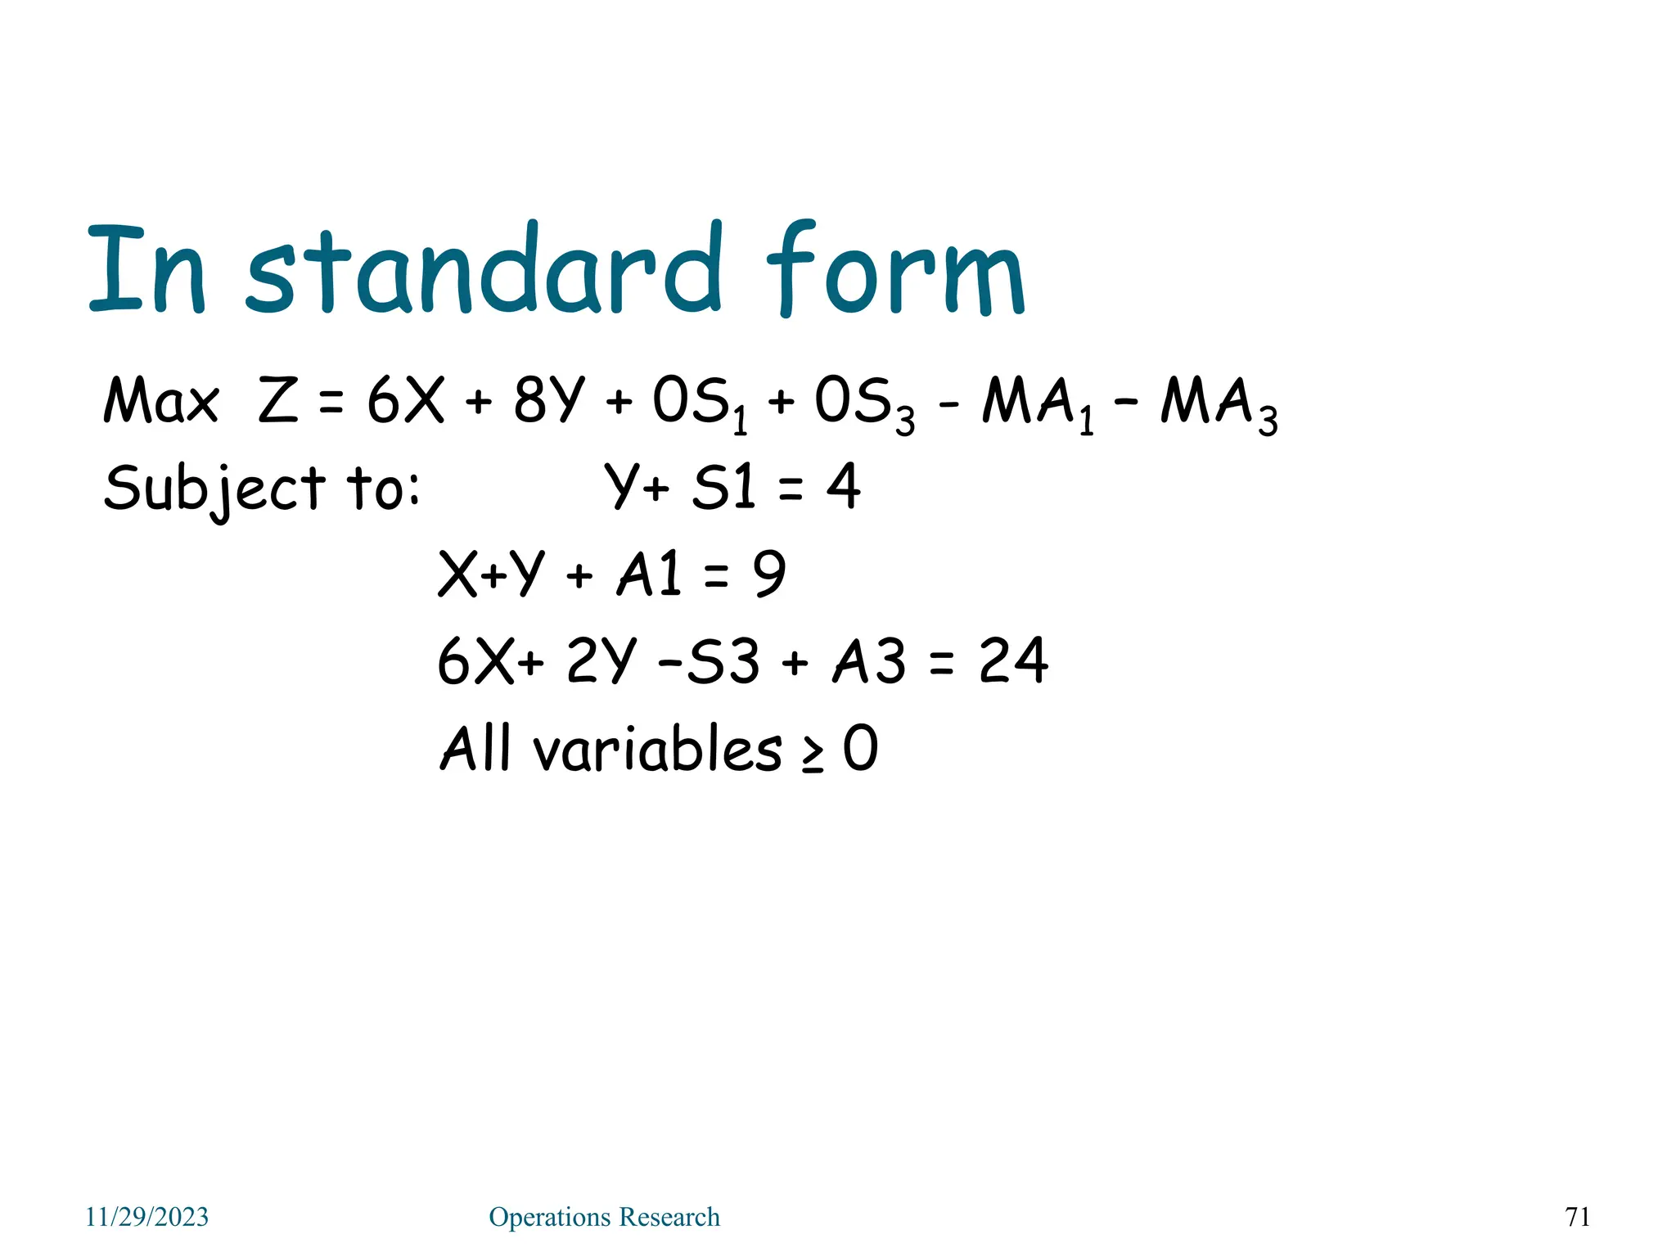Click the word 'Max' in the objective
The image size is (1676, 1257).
pos(161,401)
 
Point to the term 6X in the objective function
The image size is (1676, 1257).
pos(405,401)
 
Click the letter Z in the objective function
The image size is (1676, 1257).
pos(278,401)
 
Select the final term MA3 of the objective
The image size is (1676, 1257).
pos(1219,404)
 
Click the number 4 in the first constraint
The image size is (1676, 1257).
pos(843,487)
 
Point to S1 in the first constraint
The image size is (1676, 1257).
pos(723,487)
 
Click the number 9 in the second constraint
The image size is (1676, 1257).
pos(769,574)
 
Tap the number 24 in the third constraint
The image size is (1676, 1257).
pos(1013,660)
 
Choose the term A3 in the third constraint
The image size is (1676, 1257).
pos(869,660)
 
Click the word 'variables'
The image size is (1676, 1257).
pos(658,748)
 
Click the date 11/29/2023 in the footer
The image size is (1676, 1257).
pos(147,1217)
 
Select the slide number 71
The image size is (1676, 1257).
pos(1578,1217)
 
